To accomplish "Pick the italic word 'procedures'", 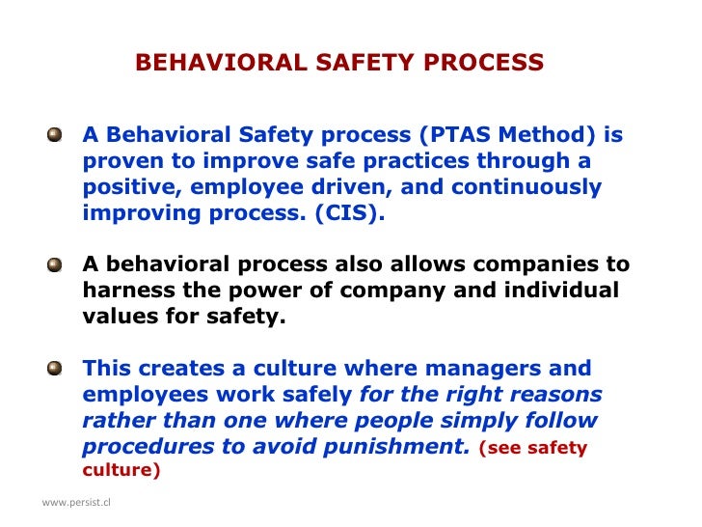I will pos(139,447).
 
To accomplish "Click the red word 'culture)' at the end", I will pos(121,471).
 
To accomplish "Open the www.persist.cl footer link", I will pos(76,503).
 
